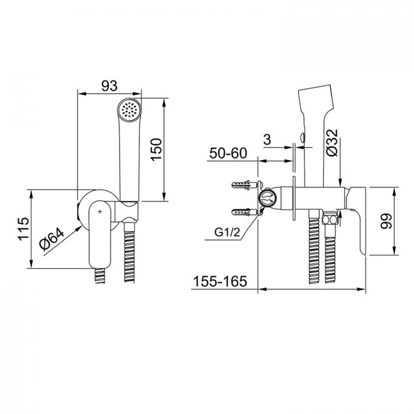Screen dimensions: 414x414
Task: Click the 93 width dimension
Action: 109,86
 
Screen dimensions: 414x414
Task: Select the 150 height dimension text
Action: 156,150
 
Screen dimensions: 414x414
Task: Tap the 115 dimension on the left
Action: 24,229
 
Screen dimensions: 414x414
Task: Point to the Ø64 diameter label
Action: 52,239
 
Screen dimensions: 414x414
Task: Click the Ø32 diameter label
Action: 332,143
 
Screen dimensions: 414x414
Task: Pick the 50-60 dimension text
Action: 228,153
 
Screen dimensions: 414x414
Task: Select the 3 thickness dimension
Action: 267,139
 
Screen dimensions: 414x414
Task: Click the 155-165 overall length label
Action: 220,281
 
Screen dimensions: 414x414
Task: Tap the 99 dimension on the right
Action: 386,221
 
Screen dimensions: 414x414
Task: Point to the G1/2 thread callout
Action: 227,232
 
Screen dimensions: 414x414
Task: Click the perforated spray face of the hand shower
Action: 130,110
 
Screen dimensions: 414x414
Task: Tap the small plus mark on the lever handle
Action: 100,212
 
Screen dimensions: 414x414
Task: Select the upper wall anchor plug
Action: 245,185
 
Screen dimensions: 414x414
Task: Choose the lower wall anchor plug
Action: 245,212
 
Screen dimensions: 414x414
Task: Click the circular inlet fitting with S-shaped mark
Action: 267,198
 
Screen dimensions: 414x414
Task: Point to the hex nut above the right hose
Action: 330,219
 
